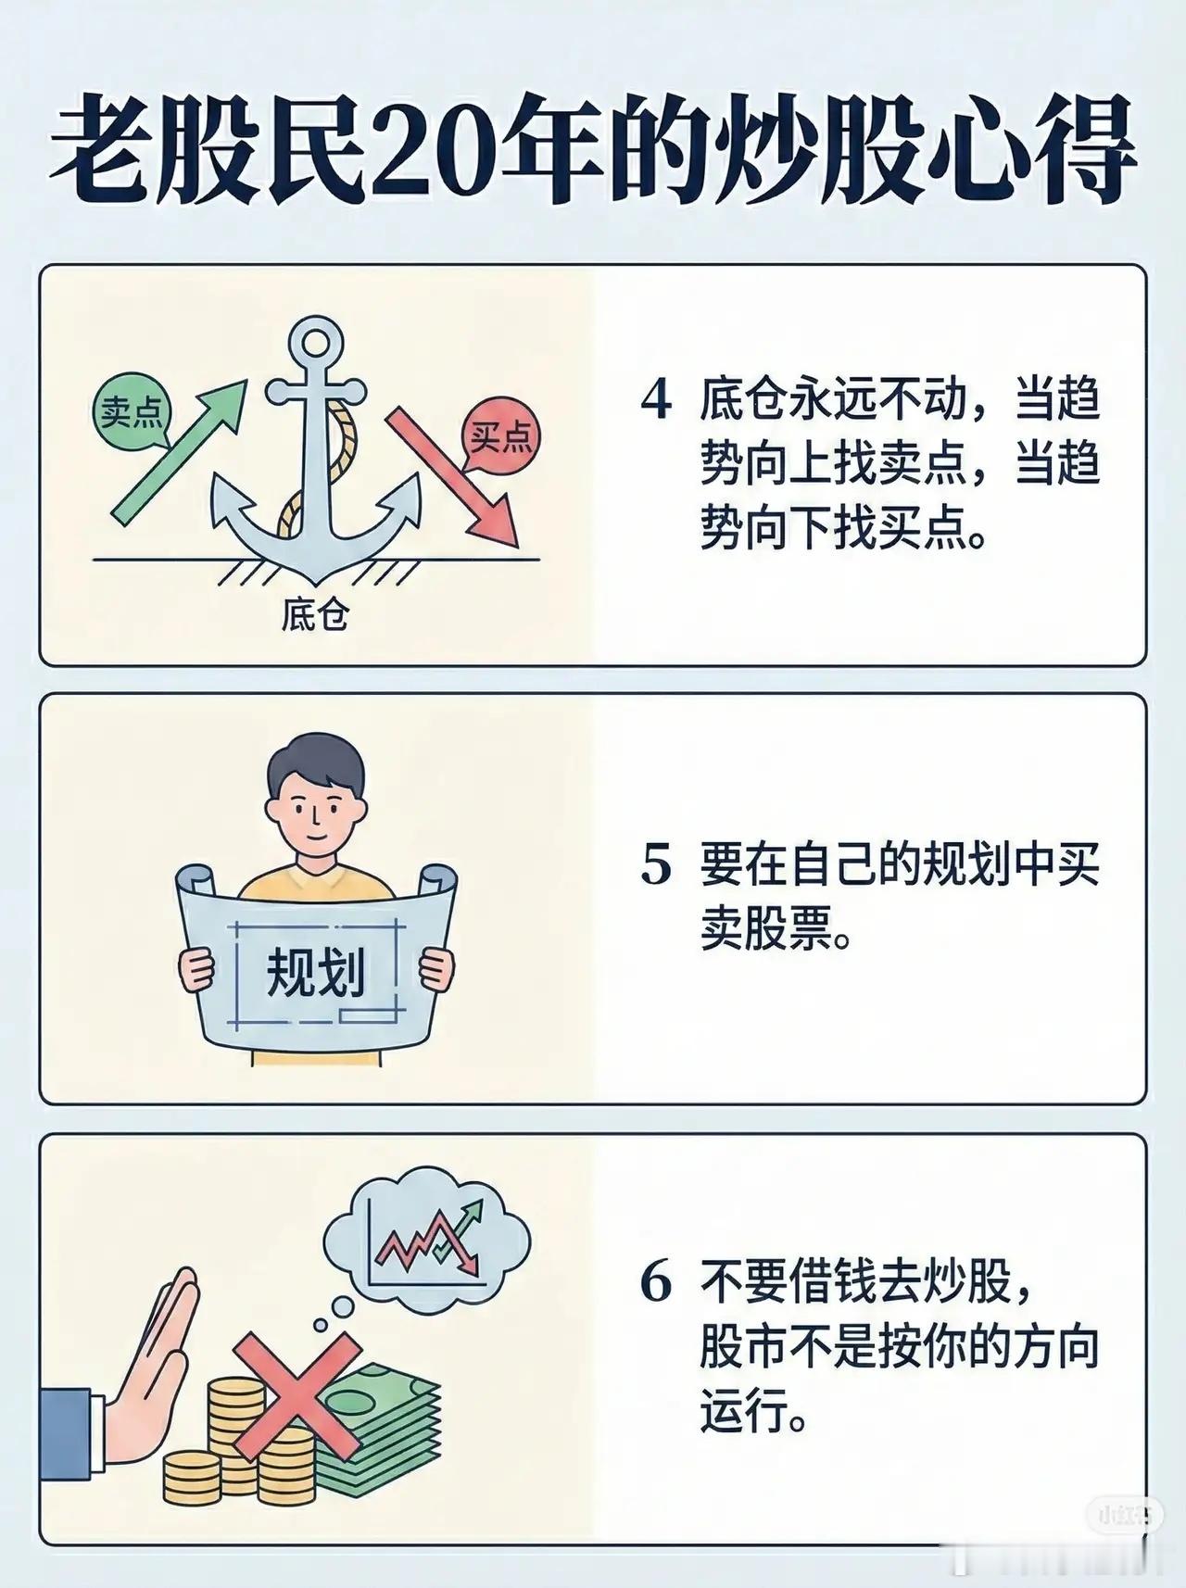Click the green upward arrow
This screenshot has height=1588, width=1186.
[179, 447]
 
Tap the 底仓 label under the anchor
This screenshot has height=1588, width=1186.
[314, 616]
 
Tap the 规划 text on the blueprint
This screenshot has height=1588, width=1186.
[316, 974]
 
